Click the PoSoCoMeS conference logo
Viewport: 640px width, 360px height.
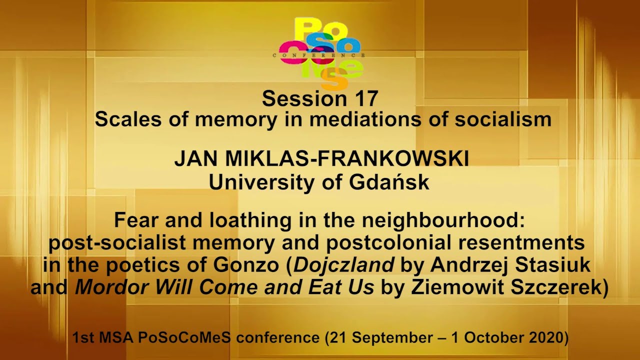tap(320, 52)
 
